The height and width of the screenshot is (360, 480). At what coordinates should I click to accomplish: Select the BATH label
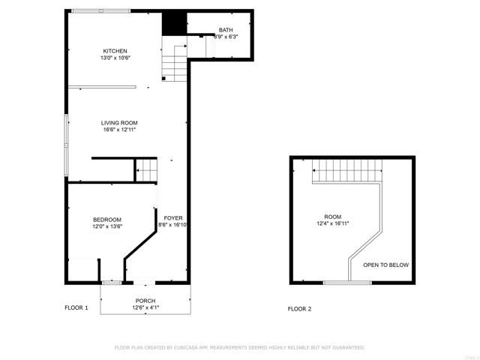pos(226,30)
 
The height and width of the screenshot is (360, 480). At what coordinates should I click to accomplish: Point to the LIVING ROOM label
pos(120,122)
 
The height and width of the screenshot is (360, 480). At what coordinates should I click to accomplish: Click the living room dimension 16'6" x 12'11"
pos(120,129)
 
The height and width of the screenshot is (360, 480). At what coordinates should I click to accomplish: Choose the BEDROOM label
pos(106,219)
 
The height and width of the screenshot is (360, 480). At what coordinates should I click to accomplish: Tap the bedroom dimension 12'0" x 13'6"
pos(106,226)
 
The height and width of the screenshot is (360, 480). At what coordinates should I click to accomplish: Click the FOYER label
pos(173,218)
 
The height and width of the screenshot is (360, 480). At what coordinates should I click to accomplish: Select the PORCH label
pos(145,301)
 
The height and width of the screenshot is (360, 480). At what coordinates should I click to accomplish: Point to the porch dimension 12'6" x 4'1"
pos(145,307)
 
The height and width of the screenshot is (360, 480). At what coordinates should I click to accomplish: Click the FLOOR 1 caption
pos(76,308)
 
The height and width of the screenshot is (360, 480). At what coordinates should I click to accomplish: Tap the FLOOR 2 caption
pos(299,309)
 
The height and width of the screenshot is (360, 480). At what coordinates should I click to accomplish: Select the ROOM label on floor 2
pos(332,216)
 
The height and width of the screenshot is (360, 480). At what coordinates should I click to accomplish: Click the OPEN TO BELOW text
pos(385,265)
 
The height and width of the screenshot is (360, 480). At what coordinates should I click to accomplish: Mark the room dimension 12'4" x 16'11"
pos(332,223)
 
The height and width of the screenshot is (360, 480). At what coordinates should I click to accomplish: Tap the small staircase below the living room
pos(147,170)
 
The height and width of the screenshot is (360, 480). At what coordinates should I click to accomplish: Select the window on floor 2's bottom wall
pos(346,283)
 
